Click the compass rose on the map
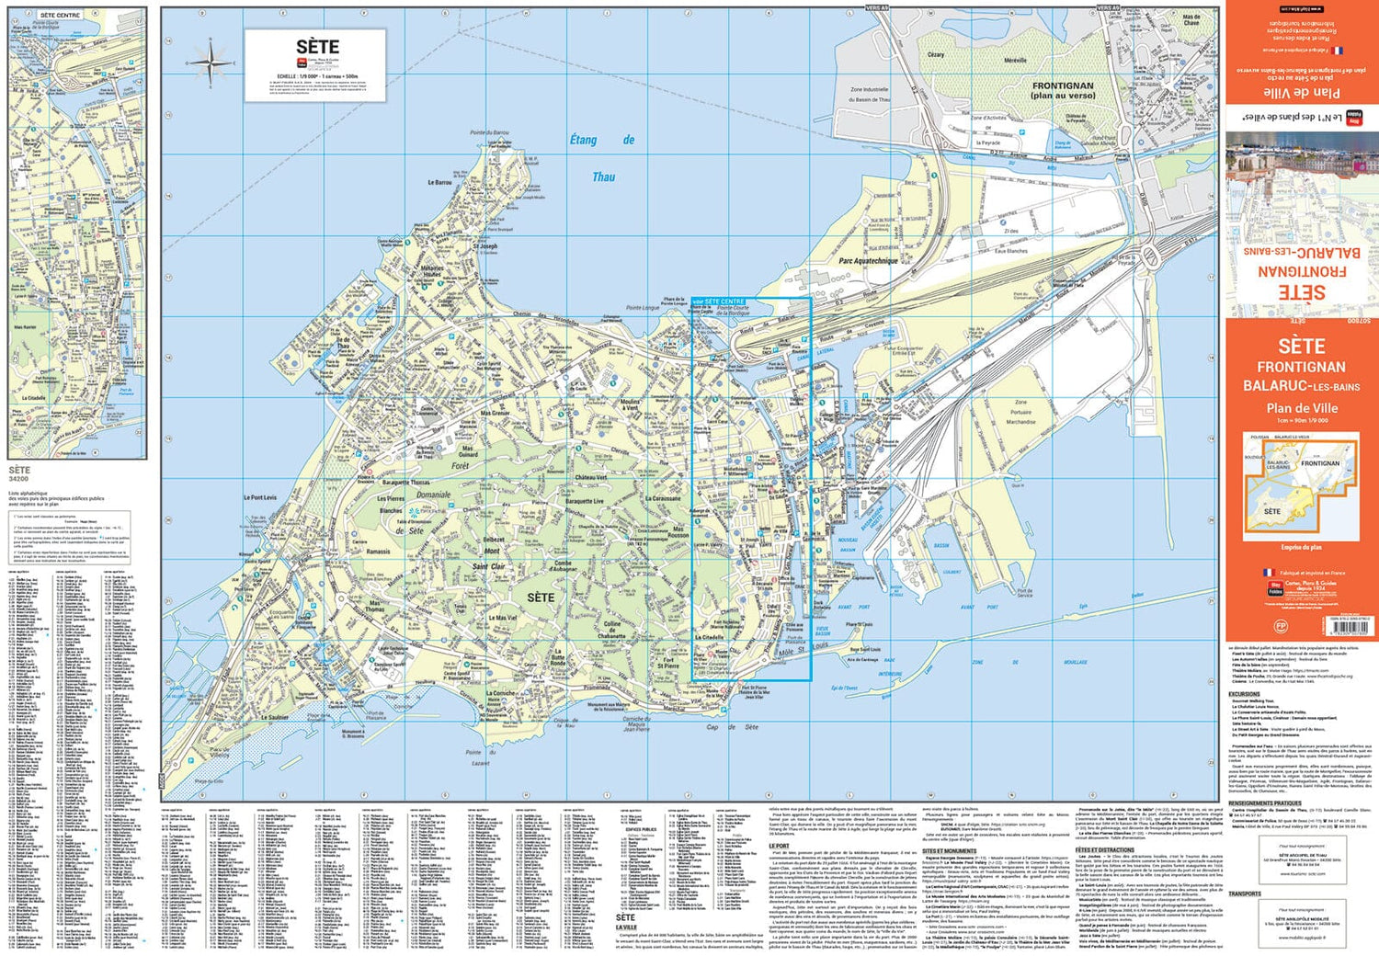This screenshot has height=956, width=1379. pos(210,63)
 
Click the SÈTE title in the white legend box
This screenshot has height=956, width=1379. pos(317,47)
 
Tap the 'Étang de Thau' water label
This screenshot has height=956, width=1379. pos(602,157)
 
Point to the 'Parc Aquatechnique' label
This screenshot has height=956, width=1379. pos(868,261)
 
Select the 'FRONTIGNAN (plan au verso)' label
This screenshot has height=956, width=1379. pos(1063,90)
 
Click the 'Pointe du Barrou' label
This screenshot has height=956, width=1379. pos(489,133)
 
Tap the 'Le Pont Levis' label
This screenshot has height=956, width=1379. pos(259,497)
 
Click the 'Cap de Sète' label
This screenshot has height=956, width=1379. pos(732,727)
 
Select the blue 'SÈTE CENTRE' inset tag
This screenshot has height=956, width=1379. pos(720,302)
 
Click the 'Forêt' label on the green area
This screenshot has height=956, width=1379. pos(460,466)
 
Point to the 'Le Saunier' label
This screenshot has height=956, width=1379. pos(274,718)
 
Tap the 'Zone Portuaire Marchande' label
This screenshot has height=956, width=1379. pos(1020,412)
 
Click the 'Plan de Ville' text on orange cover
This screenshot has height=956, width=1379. pos(1301,408)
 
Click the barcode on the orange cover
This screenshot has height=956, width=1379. pos(1346,625)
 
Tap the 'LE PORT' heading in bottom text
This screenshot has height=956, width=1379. pos(779,845)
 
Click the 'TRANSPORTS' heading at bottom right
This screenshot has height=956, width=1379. pos(1245,893)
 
